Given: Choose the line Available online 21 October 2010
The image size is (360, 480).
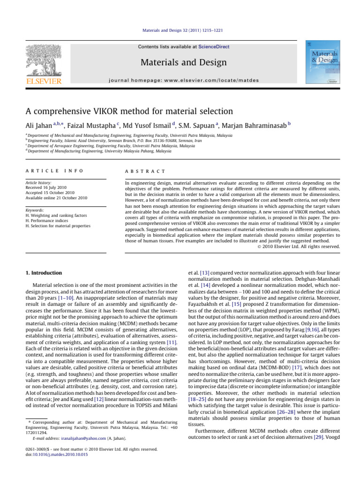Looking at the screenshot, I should click(x=58, y=198).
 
